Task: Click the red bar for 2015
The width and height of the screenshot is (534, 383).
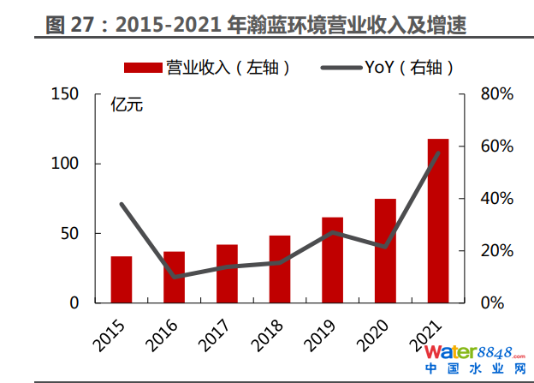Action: point(122,279)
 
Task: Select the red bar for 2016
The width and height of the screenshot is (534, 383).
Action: point(175,277)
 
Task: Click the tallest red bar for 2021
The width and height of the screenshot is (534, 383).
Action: point(438,220)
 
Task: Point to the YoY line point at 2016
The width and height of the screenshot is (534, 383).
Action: point(175,277)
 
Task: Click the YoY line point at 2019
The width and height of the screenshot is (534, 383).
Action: point(333,232)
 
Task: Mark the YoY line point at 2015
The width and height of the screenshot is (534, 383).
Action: point(122,204)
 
